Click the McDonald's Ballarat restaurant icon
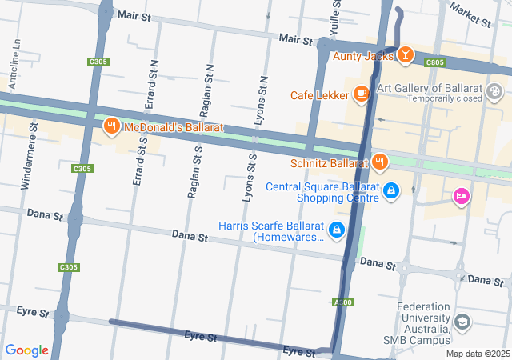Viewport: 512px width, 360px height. click(x=111, y=126)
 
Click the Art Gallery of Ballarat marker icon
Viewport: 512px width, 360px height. click(x=495, y=89)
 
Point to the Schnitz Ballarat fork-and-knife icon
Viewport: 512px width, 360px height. click(x=379, y=161)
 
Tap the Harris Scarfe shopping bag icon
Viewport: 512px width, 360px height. click(x=336, y=230)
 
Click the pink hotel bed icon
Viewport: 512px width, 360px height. click(x=461, y=195)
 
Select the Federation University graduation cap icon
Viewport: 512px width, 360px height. click(x=462, y=322)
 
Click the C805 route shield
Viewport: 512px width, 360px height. click(x=434, y=62)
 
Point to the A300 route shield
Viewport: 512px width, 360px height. click(x=342, y=302)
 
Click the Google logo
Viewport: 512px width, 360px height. click(x=26, y=350)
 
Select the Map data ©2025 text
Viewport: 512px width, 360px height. click(x=477, y=354)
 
